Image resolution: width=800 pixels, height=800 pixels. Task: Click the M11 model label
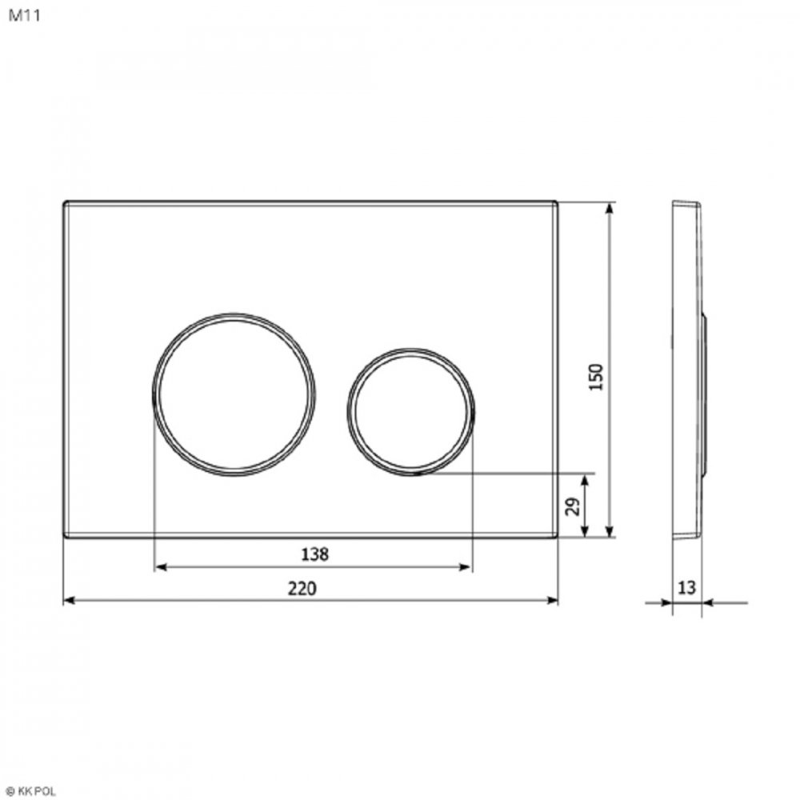(x=24, y=15)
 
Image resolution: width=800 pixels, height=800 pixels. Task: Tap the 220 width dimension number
(x=302, y=588)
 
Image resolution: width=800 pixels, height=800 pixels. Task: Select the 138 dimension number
(x=314, y=554)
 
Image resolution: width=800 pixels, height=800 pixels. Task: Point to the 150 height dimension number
(x=595, y=377)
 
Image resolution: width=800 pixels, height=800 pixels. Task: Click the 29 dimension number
(x=573, y=506)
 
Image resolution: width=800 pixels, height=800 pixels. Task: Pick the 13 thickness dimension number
(x=686, y=588)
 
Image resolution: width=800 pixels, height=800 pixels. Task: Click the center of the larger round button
(x=234, y=394)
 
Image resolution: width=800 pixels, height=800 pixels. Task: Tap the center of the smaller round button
(x=411, y=412)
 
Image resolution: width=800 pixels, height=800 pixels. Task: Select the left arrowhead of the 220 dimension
(x=68, y=601)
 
